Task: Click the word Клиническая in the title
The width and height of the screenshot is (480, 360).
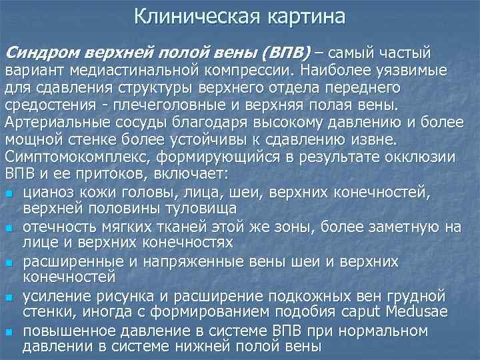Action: tap(187, 17)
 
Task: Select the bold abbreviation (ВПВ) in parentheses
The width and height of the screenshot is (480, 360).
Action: tap(285, 53)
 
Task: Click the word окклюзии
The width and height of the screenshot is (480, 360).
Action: tap(423, 157)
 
